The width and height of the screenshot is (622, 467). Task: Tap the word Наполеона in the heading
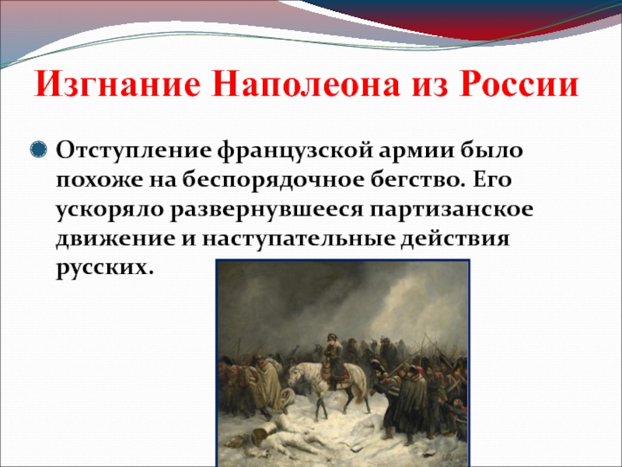305,84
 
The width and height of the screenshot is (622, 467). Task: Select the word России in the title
519,84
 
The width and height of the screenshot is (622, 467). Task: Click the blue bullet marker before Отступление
38,150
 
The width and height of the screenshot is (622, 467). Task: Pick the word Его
492,181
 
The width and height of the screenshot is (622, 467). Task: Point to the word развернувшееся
267,210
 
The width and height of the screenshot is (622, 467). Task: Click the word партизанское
452,210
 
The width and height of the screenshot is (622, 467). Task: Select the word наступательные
298,240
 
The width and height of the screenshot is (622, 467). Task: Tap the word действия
454,240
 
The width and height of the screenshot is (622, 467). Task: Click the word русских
104,269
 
